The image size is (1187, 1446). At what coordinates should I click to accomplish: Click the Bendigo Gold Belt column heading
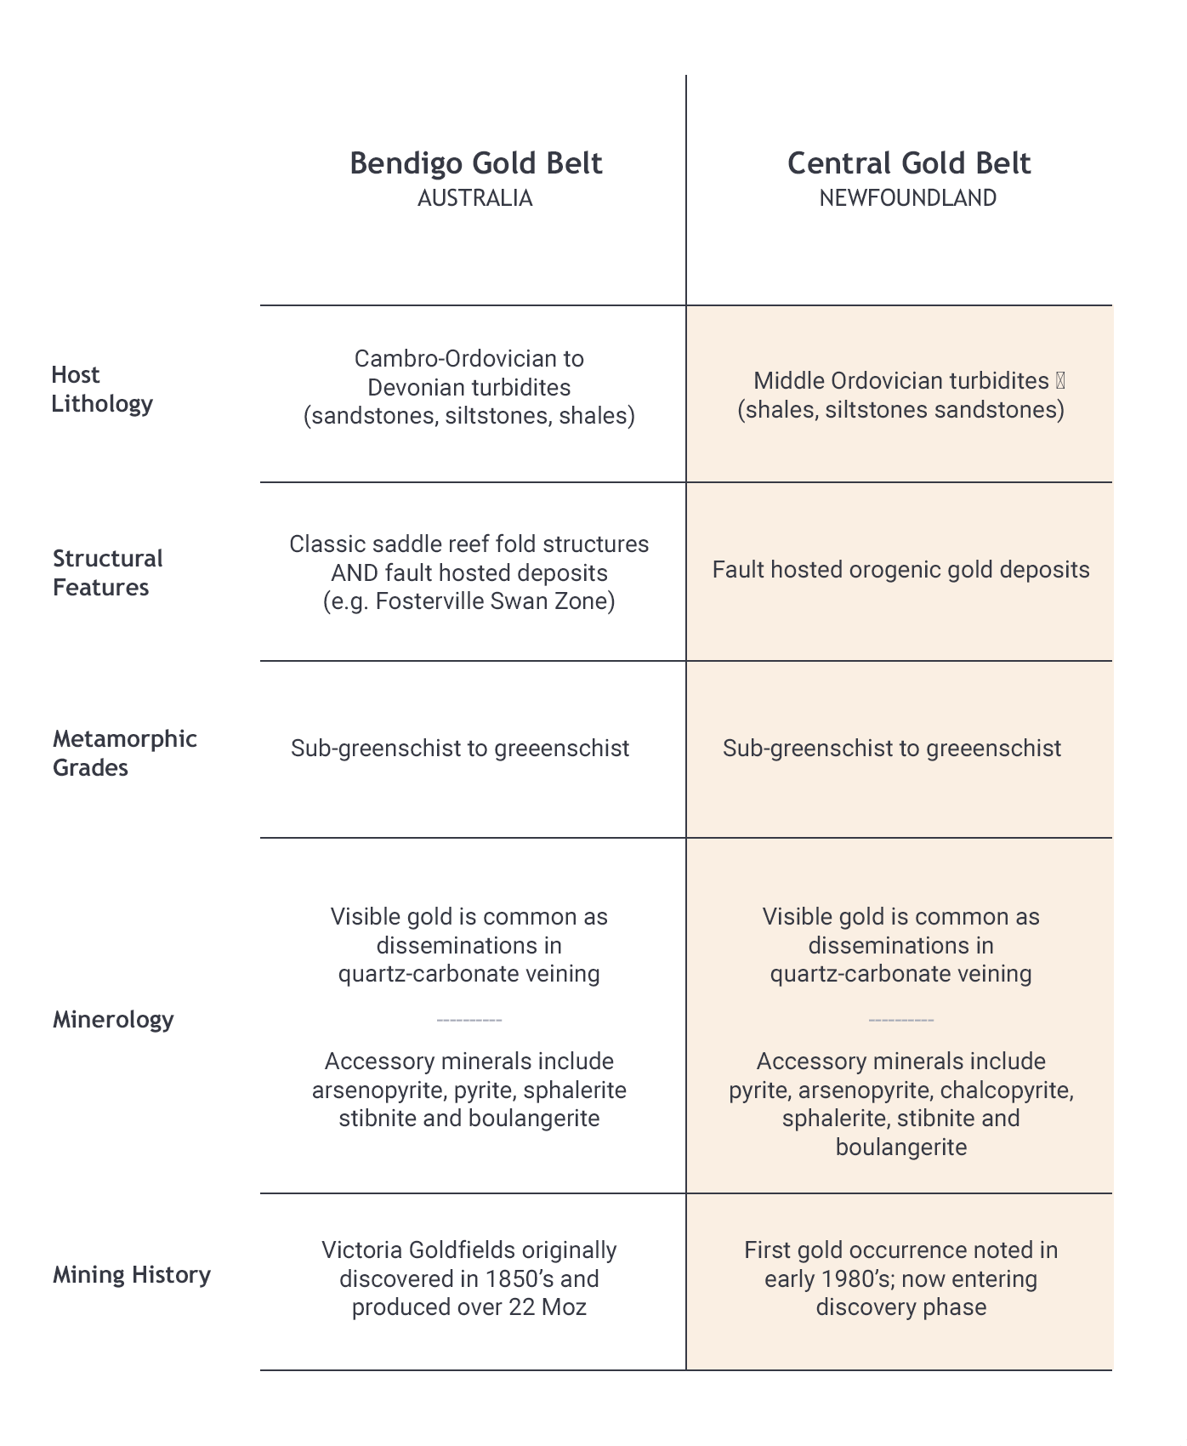pyautogui.click(x=475, y=163)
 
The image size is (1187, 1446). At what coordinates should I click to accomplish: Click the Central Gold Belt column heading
pyautogui.click(x=908, y=163)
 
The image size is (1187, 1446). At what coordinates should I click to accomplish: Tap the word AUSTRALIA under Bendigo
pyautogui.click(x=474, y=198)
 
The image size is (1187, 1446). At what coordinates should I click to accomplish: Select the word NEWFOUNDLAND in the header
pyautogui.click(x=907, y=198)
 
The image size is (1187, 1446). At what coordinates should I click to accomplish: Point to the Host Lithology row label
pyautogui.click(x=101, y=389)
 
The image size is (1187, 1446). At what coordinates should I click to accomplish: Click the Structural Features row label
pyautogui.click(x=107, y=572)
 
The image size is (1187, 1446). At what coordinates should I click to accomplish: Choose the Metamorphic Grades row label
pyautogui.click(x=124, y=753)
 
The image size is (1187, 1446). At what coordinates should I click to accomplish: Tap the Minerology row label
pyautogui.click(x=113, y=1019)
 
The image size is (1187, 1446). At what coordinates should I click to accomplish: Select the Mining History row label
pyautogui.click(x=132, y=1274)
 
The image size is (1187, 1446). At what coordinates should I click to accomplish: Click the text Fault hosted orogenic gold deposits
pyautogui.click(x=900, y=570)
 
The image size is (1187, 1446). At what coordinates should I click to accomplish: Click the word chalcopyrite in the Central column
pyautogui.click(x=1006, y=1090)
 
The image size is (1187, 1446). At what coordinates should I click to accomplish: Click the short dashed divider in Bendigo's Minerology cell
pyautogui.click(x=469, y=1019)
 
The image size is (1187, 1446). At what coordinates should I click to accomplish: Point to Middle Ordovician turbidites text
pyautogui.click(x=900, y=381)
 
